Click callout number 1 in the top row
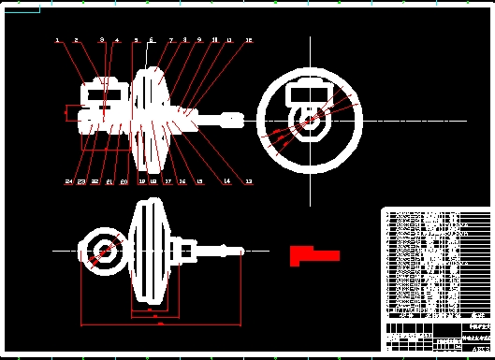56,41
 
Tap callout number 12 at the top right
249,41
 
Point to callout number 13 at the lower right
249,181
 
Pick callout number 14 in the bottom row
226,181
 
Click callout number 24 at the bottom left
68,181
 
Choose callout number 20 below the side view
124,181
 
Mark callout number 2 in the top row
77,41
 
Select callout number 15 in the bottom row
198,181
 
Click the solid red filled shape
312,254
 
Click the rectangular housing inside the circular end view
308,93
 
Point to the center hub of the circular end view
308,120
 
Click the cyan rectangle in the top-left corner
22,12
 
